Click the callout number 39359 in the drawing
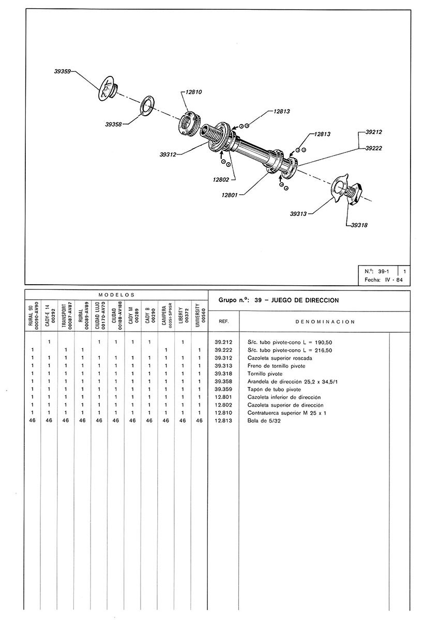tap(63, 72)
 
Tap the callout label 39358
tap(114, 124)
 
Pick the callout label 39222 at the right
tap(373, 148)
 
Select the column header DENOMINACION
tap(325, 321)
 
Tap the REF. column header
tap(224, 321)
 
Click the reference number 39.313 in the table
tap(224, 366)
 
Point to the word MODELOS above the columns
tap(116, 295)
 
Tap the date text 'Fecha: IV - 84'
tap(383, 280)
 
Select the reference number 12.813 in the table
tap(224, 421)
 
